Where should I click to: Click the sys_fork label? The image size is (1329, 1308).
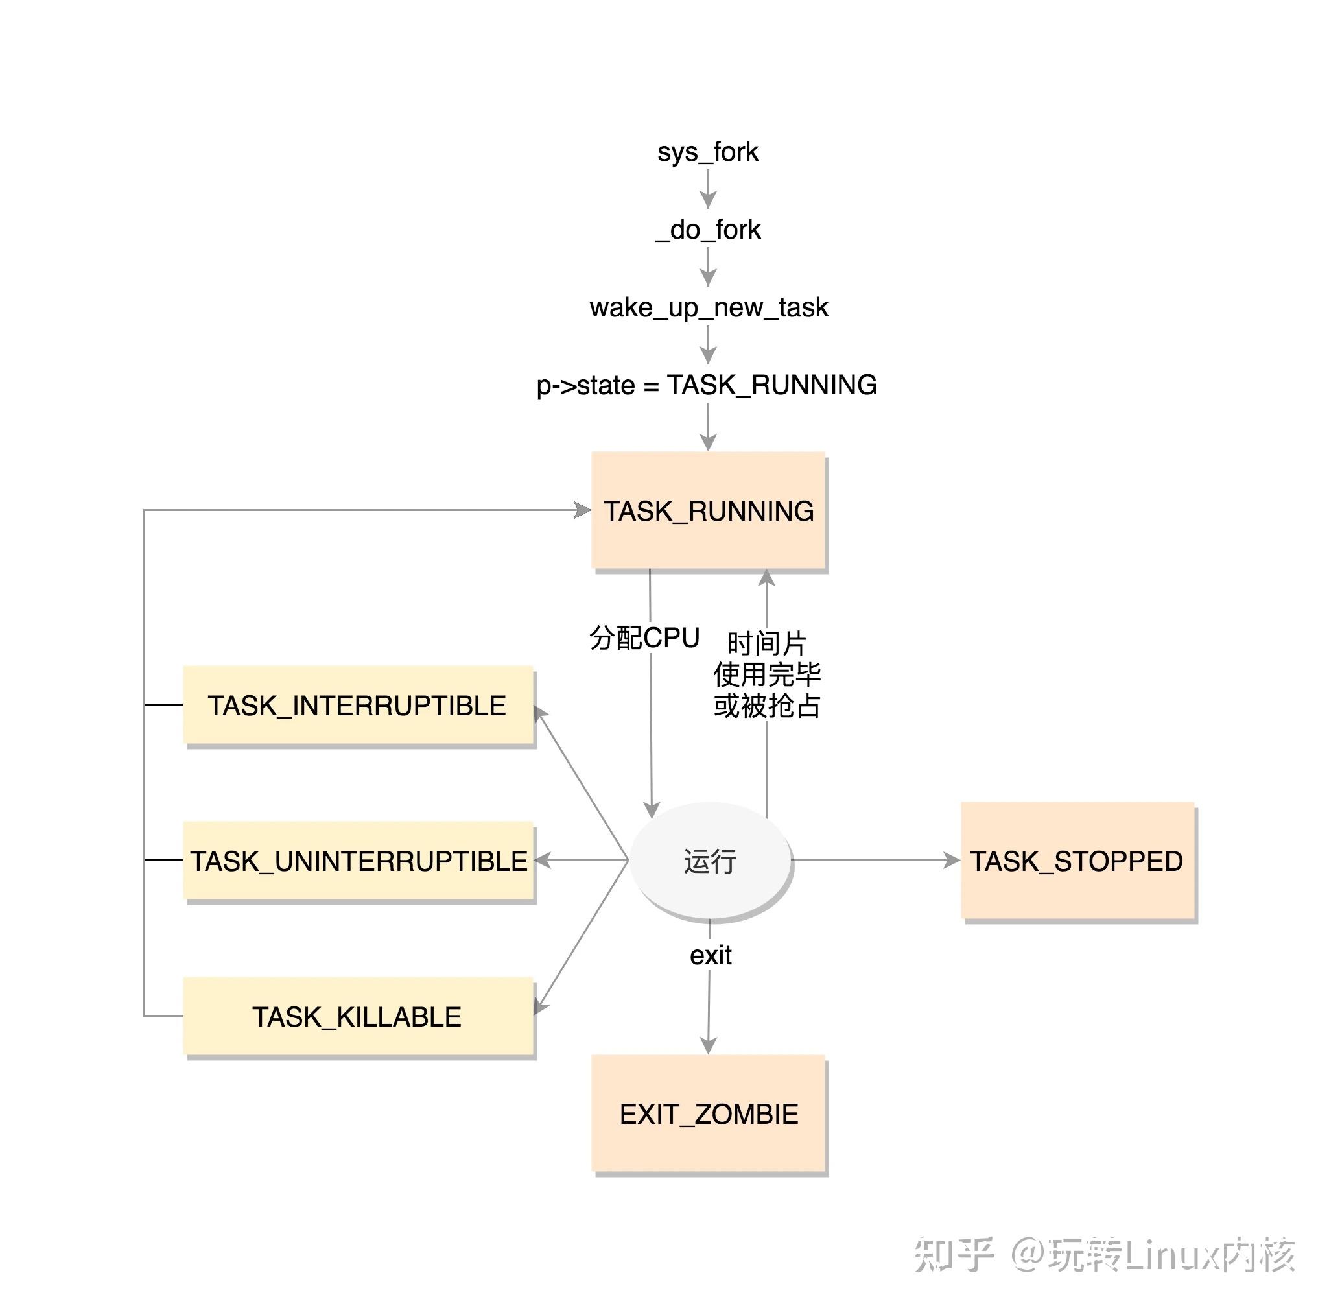coord(707,152)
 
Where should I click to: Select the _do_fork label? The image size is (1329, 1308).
coord(707,230)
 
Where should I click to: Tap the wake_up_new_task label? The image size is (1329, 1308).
coord(708,307)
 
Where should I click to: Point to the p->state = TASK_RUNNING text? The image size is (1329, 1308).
coord(706,385)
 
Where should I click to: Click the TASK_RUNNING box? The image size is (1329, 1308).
coord(708,510)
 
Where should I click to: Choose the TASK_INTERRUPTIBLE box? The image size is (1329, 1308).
coord(357,705)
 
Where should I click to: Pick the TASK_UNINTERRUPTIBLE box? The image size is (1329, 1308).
coord(357,861)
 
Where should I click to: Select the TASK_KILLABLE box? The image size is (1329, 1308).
coord(357,1016)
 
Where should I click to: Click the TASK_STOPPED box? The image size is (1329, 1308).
coord(1076,861)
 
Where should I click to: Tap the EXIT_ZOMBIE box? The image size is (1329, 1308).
coord(708,1113)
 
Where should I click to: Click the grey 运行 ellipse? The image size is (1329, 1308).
coord(709,861)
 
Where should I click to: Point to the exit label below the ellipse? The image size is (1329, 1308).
coord(710,955)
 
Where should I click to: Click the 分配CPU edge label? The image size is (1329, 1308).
coord(644,637)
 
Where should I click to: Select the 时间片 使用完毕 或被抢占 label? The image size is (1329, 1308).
coord(766,674)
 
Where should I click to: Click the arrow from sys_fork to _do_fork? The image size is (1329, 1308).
coord(708,189)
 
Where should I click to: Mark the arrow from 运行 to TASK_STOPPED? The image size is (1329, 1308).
coord(876,860)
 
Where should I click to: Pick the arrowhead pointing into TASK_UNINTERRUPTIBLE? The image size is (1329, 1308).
coord(542,860)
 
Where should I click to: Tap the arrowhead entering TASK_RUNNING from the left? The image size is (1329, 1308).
coord(582,510)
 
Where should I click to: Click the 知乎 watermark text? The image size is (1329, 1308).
coord(953,1254)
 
